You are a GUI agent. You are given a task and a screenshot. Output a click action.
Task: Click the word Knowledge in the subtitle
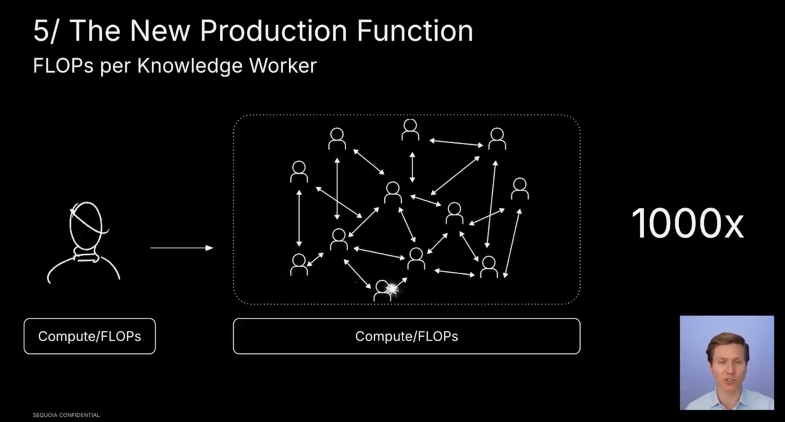(190, 66)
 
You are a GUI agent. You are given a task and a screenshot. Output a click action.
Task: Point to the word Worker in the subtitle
(283, 66)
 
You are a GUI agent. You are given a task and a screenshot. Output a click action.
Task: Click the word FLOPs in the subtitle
(63, 66)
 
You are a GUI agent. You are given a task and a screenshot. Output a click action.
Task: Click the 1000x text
(687, 223)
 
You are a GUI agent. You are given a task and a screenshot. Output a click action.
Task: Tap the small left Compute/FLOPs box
(89, 336)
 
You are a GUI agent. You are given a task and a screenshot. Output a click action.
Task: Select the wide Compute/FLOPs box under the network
(407, 336)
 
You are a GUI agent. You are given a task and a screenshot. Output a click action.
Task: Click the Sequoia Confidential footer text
(66, 415)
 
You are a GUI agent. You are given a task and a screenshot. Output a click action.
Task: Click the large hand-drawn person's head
(86, 224)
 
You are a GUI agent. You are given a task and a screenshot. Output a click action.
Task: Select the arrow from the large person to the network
(182, 248)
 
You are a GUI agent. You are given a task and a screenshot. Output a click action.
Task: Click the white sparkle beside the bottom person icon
(392, 289)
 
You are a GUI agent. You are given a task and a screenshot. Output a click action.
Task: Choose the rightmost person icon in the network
(520, 189)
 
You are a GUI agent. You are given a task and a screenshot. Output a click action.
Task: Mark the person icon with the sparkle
(382, 291)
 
